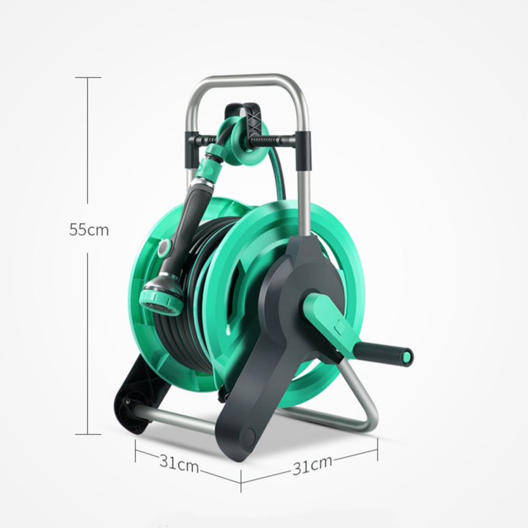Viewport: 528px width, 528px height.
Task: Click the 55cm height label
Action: pos(89,230)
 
